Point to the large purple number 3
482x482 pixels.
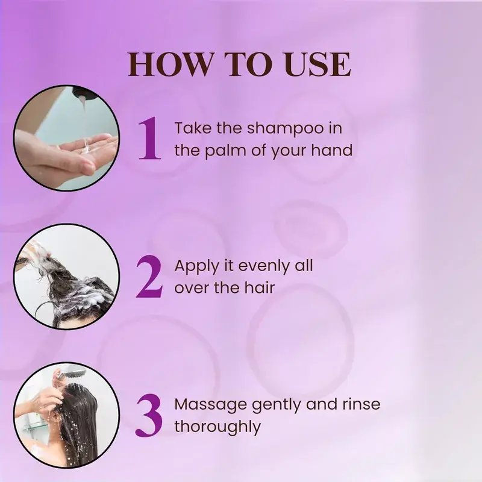point(149,415)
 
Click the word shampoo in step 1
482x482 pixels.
point(285,129)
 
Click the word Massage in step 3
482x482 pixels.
point(210,405)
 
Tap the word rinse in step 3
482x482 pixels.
point(361,404)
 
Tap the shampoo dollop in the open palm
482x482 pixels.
point(87,147)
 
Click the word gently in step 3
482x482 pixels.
point(277,405)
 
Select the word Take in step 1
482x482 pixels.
point(193,128)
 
